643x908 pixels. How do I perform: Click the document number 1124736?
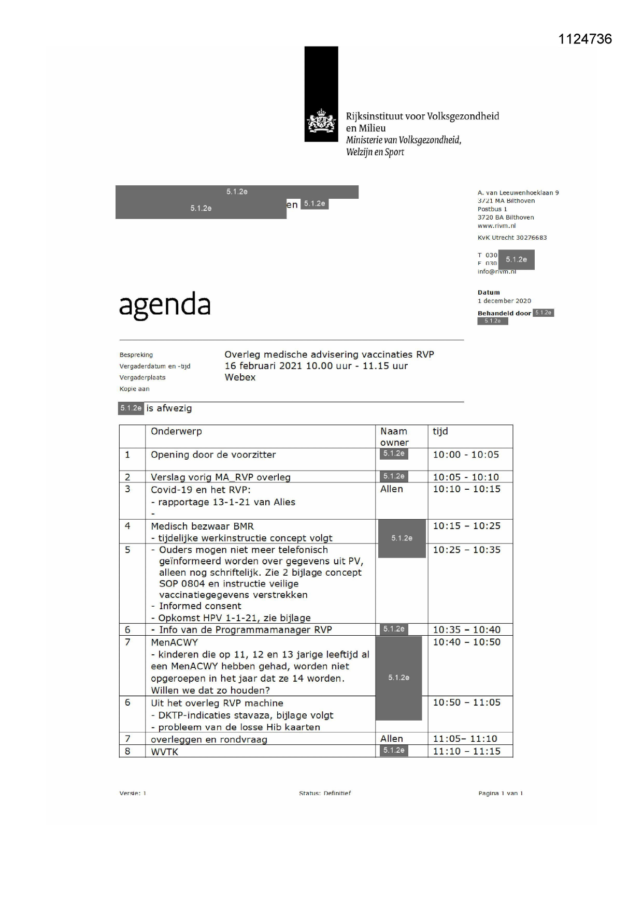pos(585,39)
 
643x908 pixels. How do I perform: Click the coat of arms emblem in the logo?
pos(321,122)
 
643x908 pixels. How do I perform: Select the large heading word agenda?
pos(165,305)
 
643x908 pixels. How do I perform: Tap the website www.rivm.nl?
pos(496,226)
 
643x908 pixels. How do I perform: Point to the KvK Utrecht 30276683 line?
pos(512,238)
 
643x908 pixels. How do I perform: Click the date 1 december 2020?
pos(504,301)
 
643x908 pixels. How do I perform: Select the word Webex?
pos(240,377)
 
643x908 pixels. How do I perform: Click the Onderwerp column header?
pos(176,431)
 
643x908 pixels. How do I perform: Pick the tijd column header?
pos(440,431)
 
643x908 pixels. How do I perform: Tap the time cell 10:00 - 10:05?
pos(466,455)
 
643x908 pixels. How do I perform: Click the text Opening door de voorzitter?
pos(213,455)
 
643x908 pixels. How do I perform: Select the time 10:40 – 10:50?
pos(466,642)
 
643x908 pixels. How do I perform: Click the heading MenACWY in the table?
pos(174,642)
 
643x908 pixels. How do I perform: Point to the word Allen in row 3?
pos(391,489)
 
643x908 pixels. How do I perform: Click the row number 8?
pos(127,751)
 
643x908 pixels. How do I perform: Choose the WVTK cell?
pos(164,752)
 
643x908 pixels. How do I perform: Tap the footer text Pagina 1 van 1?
pos(501,793)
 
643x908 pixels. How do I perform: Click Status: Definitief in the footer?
pos(325,793)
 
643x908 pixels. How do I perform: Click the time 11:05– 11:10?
pos(465,739)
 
